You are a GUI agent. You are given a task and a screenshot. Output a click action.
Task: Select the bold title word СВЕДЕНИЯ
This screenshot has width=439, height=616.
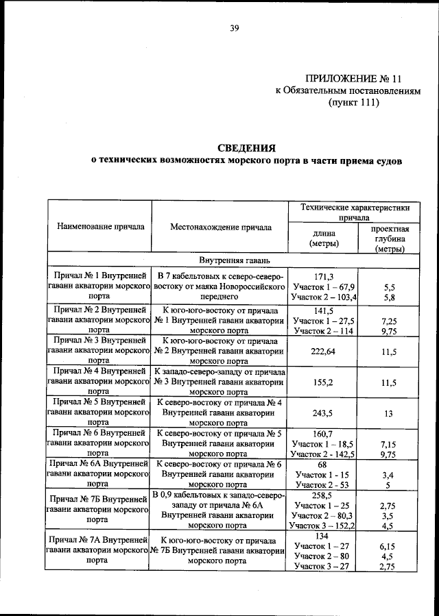coord(246,148)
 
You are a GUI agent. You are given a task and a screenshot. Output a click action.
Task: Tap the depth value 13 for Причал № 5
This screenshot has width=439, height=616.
coord(389,413)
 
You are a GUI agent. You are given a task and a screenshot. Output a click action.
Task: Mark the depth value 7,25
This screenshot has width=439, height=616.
coord(389,321)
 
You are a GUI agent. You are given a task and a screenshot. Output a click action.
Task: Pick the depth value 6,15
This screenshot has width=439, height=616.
coord(389,545)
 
